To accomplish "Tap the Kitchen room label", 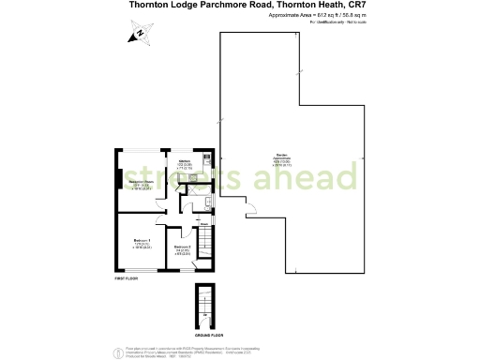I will [185, 161].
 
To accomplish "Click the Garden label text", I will [281, 156].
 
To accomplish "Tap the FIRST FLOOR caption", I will [127, 279].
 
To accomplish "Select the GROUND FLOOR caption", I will [208, 334].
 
